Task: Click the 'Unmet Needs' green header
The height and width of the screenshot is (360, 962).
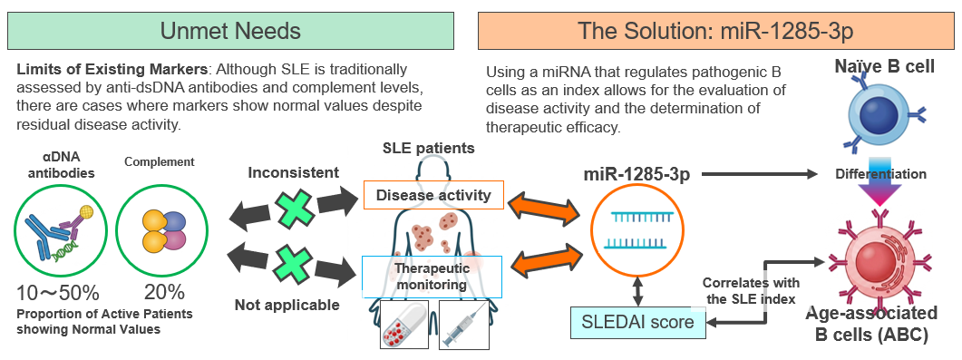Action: tap(230, 31)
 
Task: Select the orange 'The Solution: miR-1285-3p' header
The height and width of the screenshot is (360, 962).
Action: tap(715, 31)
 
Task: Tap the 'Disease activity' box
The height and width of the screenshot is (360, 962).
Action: tap(433, 195)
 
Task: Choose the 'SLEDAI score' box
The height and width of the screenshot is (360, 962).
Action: tap(638, 323)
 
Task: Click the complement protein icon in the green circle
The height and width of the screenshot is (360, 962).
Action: tap(164, 230)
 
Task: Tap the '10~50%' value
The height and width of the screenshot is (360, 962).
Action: tap(58, 293)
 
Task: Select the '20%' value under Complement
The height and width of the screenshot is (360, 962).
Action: tap(164, 293)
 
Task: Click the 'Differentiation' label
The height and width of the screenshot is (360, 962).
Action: tap(881, 174)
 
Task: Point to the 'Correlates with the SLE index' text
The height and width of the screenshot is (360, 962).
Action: tap(751, 291)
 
